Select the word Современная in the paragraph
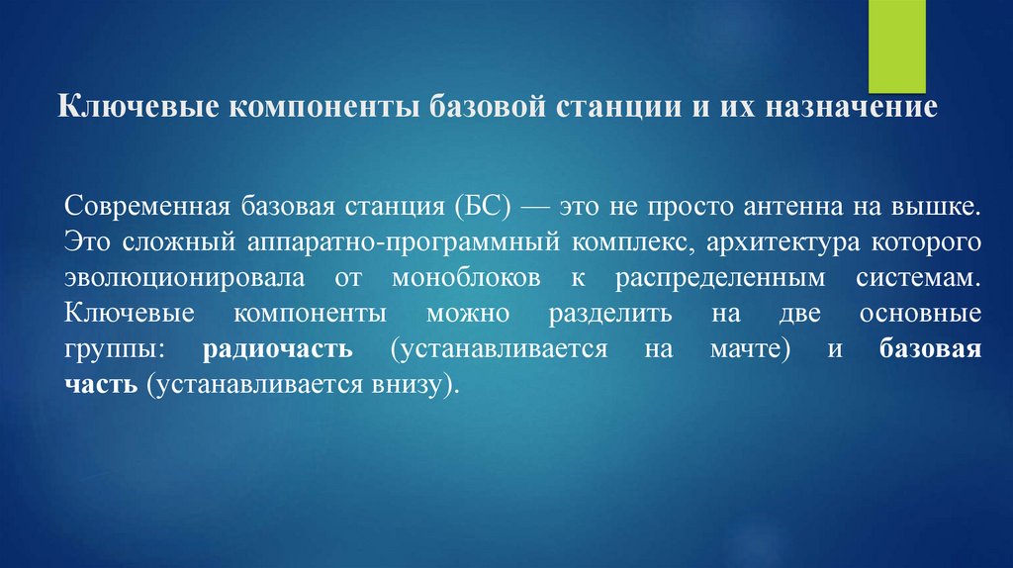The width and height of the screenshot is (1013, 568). point(144,209)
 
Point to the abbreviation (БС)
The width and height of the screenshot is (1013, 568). point(481,209)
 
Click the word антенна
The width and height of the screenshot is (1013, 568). point(733,209)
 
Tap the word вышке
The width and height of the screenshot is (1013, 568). point(934,209)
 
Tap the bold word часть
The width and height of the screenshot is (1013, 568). point(102,385)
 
